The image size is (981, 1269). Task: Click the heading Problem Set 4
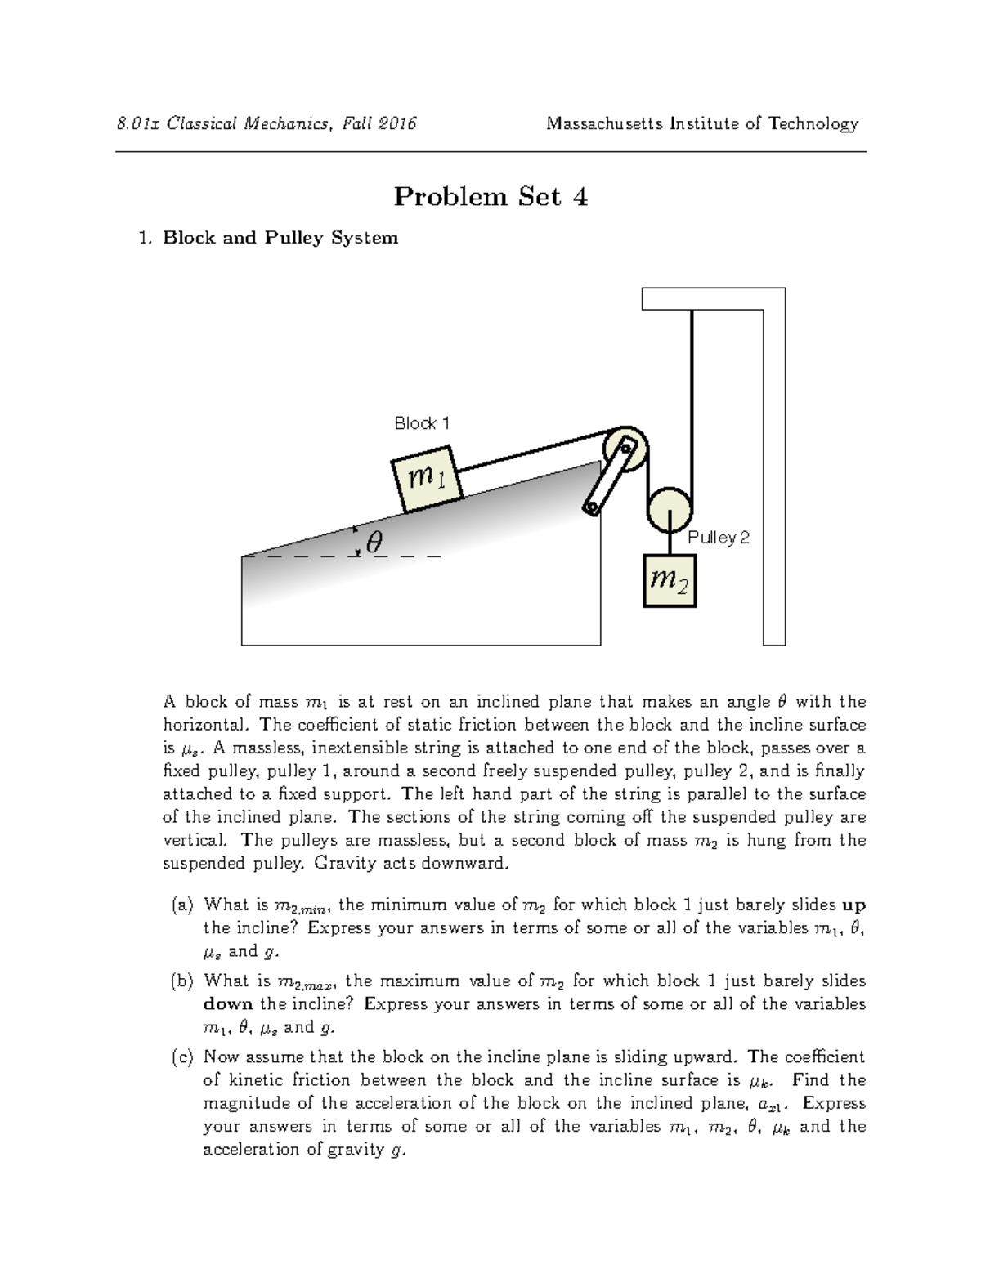490,197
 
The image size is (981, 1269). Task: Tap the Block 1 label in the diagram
422,423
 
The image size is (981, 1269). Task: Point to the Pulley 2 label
718,538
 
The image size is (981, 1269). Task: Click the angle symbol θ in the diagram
374,542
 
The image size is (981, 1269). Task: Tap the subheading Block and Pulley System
280,238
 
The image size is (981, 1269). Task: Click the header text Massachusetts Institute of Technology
702,123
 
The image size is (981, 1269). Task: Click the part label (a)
182,905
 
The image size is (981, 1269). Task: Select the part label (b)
182,981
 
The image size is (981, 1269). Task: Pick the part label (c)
182,1057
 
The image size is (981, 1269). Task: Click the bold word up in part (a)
853,905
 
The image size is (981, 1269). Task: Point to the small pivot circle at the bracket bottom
589,509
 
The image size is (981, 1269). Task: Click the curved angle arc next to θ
357,541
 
